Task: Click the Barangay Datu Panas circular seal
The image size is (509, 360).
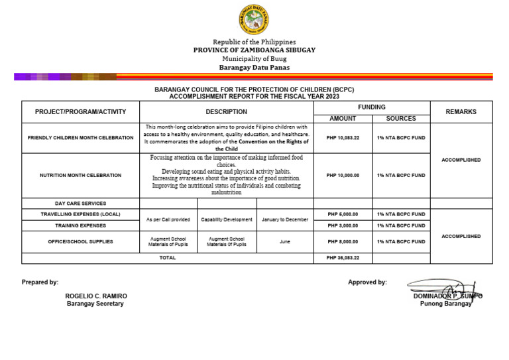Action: pos(254,19)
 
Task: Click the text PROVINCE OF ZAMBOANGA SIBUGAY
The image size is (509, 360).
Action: pos(254,50)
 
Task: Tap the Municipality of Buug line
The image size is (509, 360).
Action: pos(254,59)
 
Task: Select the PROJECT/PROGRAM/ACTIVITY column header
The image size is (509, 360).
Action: pos(80,112)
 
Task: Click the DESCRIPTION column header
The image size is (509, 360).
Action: pos(226,112)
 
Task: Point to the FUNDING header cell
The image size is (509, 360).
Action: pos(371,107)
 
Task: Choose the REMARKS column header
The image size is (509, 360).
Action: pos(461,112)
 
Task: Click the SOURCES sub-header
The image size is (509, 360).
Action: pos(401,119)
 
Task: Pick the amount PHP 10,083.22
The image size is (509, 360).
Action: pos(343,138)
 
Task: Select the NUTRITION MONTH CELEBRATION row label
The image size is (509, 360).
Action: pos(80,176)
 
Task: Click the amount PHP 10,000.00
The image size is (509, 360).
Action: pos(343,176)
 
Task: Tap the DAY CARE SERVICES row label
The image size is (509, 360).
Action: pos(80,204)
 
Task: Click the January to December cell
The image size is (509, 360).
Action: pos(284,219)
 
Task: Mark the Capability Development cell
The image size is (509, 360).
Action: pos(227,219)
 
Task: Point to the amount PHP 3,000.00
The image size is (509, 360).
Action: pos(343,225)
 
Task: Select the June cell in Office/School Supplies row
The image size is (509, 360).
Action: pos(284,242)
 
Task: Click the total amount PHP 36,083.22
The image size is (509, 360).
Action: pos(343,258)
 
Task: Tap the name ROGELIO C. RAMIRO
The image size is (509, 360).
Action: pos(96,296)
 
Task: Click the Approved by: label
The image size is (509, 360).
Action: pos(367,282)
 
